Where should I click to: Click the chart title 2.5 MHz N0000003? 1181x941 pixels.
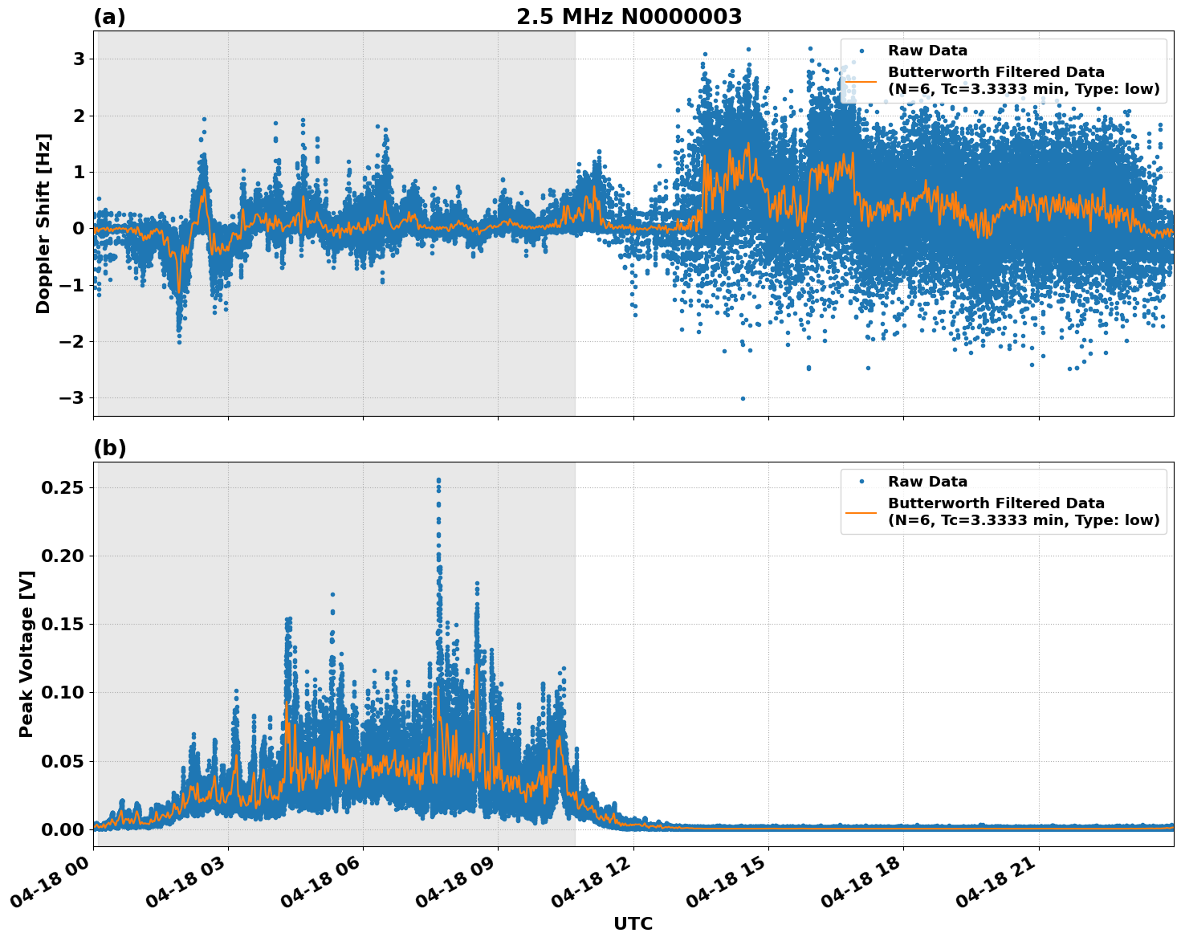click(629, 17)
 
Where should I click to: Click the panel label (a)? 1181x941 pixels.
click(109, 17)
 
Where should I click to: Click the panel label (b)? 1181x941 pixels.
click(109, 448)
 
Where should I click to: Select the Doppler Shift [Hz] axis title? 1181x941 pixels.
click(43, 223)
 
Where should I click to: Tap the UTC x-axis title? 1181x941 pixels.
click(633, 923)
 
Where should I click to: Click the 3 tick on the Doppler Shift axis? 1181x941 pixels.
click(79, 59)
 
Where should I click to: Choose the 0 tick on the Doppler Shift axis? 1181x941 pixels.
click(79, 229)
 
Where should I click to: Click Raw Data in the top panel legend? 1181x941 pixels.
click(927, 51)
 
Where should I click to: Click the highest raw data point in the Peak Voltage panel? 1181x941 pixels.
click(438, 480)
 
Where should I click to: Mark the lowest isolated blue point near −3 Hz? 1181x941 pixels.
click(743, 398)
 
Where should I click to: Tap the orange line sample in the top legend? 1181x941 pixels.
click(861, 80)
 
